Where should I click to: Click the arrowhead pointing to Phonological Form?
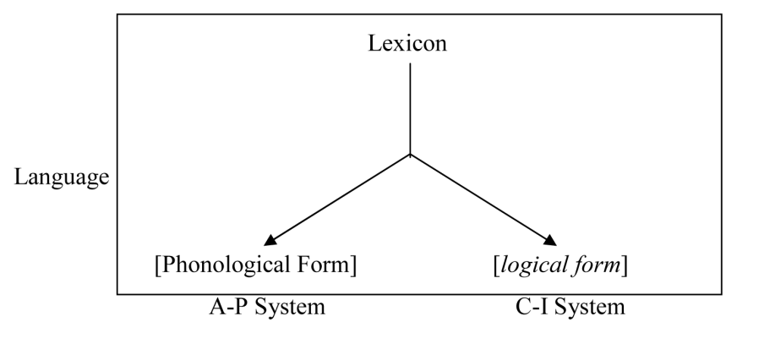click(x=269, y=242)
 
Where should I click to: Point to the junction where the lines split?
click(x=410, y=155)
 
